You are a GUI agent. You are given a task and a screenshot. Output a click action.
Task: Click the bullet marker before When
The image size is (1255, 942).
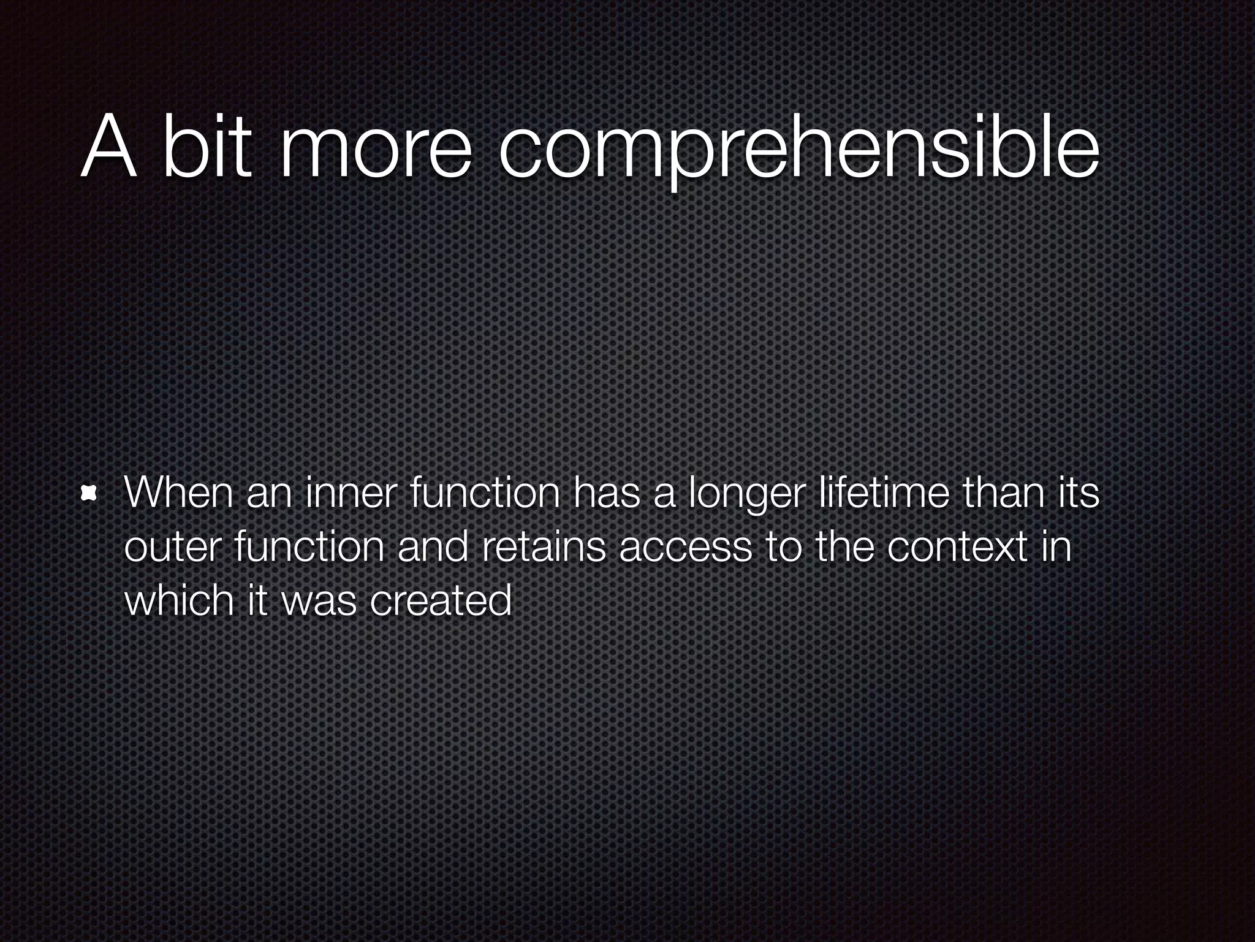tap(90, 494)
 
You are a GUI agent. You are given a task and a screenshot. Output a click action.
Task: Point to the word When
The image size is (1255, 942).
tap(178, 492)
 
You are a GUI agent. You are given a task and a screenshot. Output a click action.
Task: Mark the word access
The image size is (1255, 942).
tap(686, 547)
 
